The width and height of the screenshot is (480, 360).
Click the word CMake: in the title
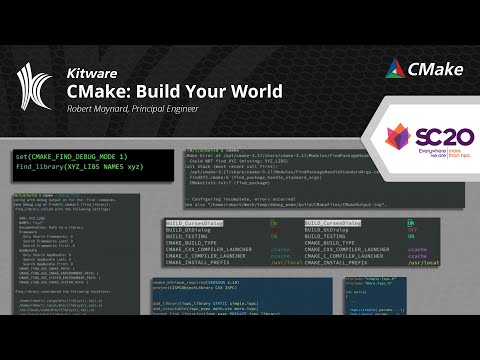99,91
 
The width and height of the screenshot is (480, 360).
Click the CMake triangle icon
395,69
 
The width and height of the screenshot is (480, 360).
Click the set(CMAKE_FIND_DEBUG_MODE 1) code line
71,158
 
